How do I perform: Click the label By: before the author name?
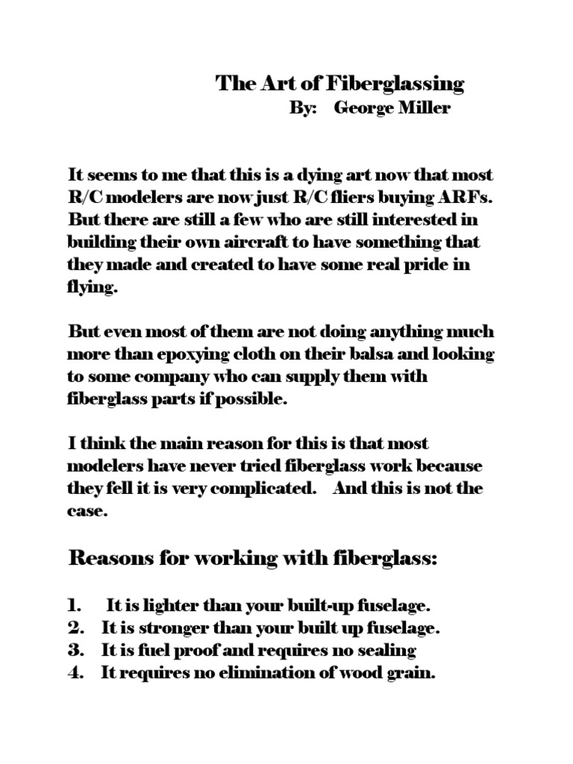pyautogui.click(x=303, y=109)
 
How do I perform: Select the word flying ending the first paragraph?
pyautogui.click(x=93, y=289)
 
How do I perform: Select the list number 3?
pyautogui.click(x=75, y=651)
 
